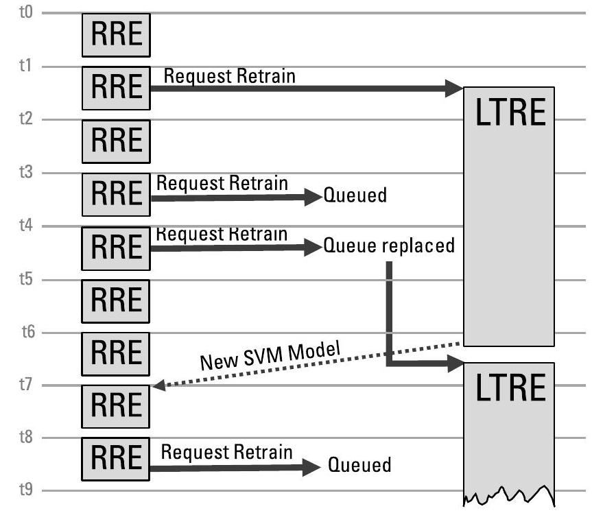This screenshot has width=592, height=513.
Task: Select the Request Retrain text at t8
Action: coord(227,452)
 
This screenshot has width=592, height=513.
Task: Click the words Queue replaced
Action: coord(389,246)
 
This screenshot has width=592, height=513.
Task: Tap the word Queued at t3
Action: coord(355,195)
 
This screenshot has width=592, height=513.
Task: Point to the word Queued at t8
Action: coord(359,466)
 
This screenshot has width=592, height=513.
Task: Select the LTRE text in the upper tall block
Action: coord(509,115)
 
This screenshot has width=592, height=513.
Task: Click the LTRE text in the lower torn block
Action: coord(509,389)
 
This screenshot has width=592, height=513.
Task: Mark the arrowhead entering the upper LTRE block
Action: coord(455,88)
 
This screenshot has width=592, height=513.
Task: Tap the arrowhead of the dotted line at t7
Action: coord(158,386)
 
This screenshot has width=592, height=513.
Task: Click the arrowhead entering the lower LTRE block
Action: coord(455,364)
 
